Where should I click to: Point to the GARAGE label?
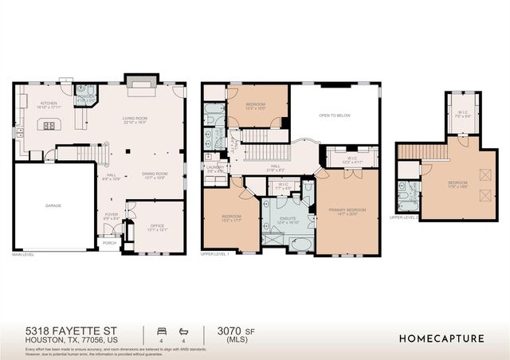[53, 205]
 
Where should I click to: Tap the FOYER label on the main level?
[112, 213]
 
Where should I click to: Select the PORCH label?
[109, 243]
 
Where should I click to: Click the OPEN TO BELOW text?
[335, 115]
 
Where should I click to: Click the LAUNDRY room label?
[215, 168]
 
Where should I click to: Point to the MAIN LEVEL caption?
[23, 255]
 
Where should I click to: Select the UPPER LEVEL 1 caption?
[215, 254]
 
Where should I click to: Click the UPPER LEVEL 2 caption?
[404, 217]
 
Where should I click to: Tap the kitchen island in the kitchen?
[50, 125]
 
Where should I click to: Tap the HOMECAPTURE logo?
[441, 338]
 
